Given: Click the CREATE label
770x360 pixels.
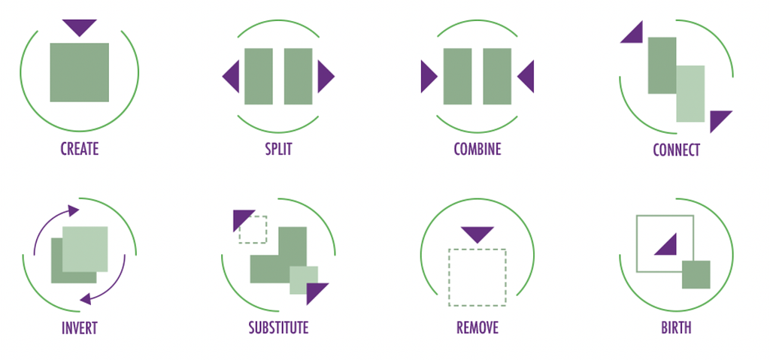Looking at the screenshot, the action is coord(80,148).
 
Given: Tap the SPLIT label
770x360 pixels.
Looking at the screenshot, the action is coord(278,148).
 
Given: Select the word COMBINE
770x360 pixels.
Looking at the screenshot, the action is coord(477,148).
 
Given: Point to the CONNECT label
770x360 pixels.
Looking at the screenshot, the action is coord(676,150).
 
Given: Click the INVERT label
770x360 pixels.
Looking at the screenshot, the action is coord(80,328).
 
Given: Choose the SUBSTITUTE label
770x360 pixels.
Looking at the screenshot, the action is coord(278,327).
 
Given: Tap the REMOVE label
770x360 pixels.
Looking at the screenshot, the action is coord(477,327).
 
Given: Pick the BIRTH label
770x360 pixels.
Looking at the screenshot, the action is coord(676,327).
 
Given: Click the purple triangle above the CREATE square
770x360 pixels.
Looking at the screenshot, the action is coord(80,26).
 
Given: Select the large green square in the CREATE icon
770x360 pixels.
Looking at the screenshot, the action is coord(80,72).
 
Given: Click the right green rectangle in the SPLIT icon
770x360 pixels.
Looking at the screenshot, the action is coord(298,76).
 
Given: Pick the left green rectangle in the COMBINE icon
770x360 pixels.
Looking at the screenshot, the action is coord(458,76).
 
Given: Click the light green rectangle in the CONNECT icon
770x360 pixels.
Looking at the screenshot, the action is coord(690,94).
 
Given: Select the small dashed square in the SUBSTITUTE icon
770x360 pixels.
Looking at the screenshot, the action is coord(253,229).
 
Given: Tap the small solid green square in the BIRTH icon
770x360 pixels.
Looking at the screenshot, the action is coord(696,274).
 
